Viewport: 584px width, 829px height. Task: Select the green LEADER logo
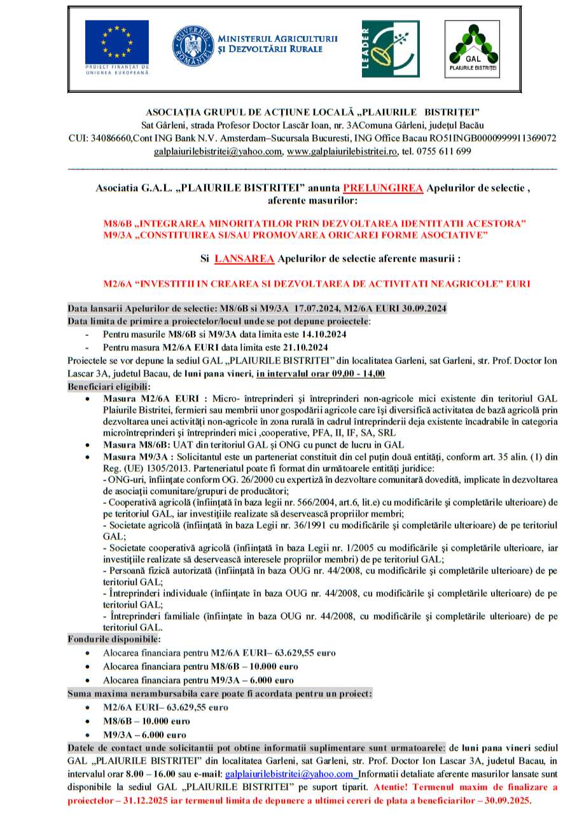tap(391, 48)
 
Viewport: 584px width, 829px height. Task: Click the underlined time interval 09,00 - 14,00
tap(344, 373)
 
